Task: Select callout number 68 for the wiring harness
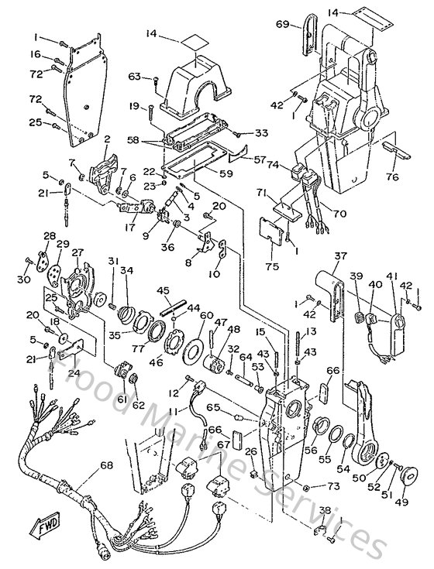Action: (104, 466)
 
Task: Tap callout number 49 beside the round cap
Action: (400, 501)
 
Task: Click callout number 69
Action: (282, 26)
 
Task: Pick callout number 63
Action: (133, 76)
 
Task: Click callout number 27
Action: (77, 252)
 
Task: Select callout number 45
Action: (163, 290)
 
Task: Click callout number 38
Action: (324, 510)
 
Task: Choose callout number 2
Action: (107, 139)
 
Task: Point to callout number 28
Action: (49, 235)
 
